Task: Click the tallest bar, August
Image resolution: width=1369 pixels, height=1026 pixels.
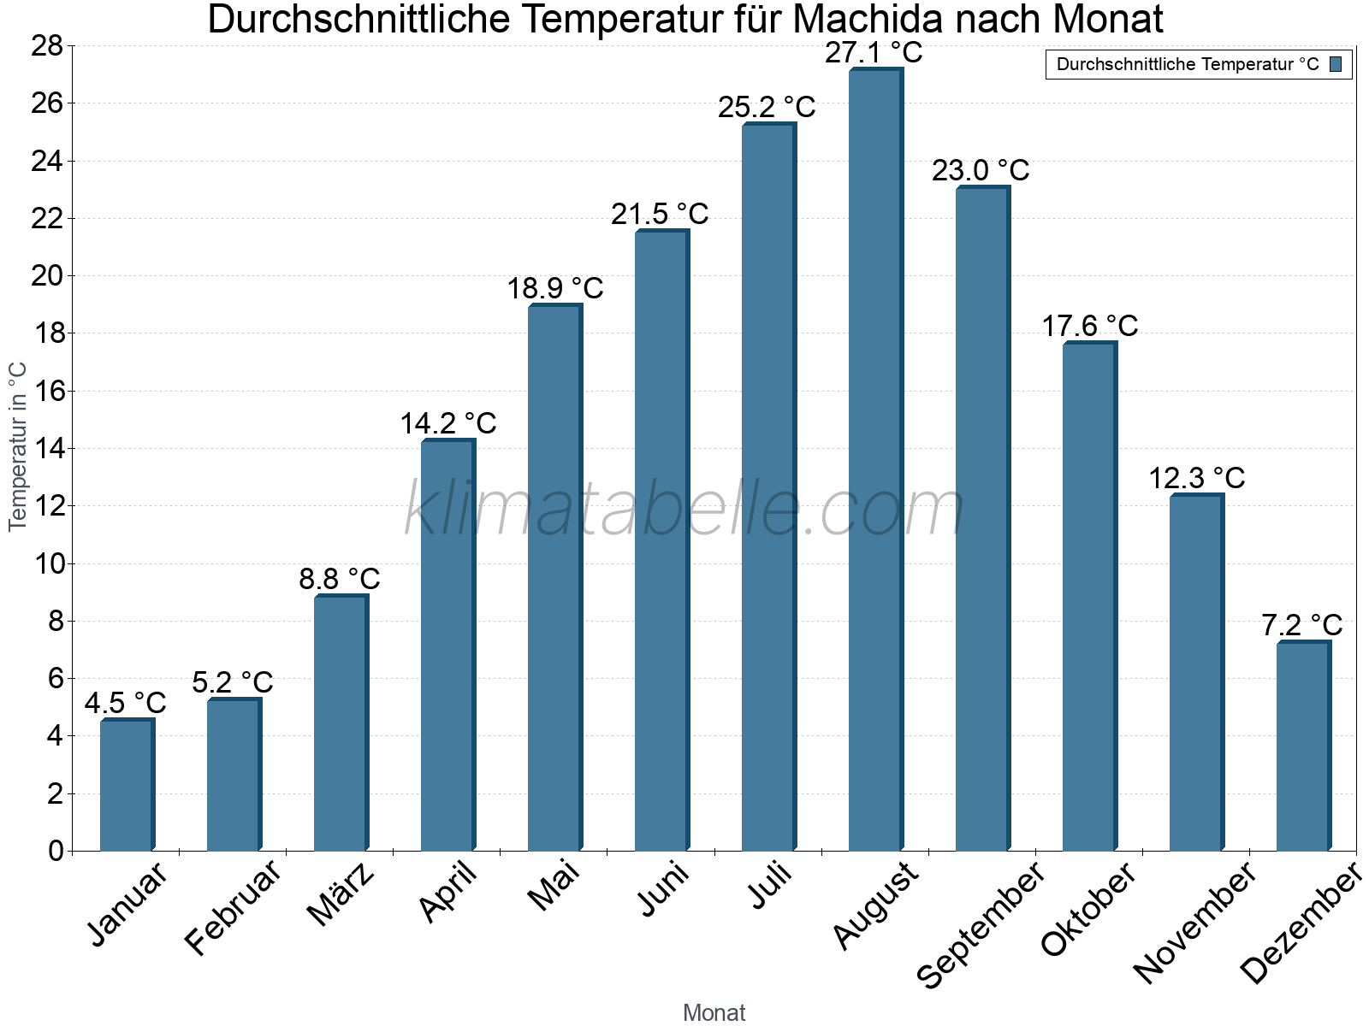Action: coord(875,462)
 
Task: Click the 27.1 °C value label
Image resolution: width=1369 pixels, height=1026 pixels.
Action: coord(874,53)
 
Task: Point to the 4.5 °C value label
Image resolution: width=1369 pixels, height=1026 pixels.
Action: coord(125,703)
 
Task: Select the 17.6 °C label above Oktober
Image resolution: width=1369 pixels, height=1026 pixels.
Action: coord(1089,326)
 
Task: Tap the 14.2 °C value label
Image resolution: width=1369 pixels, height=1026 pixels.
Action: coord(447,423)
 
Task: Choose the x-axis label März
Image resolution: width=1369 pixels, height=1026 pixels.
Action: coord(341,894)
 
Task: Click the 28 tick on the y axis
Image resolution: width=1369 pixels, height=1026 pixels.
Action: coord(47,45)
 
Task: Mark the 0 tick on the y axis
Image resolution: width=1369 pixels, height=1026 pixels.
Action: coord(56,851)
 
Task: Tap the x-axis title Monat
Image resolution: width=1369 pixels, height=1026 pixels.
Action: coord(714,1013)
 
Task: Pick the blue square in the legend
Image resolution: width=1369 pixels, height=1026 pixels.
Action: coord(1336,64)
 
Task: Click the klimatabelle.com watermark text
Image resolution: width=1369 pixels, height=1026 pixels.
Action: coord(684,510)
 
